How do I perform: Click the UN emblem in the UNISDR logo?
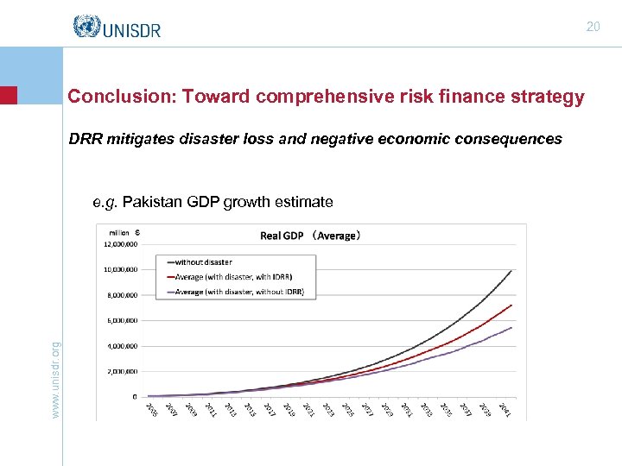pyautogui.click(x=86, y=28)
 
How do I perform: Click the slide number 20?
pyautogui.click(x=593, y=27)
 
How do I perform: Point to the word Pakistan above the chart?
pyautogui.click(x=152, y=203)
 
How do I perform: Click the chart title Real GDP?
pyautogui.click(x=282, y=236)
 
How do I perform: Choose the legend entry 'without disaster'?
pyautogui.click(x=204, y=261)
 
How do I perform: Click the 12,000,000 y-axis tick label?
pyautogui.click(x=120, y=244)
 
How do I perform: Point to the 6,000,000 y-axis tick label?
pyautogui.click(x=122, y=321)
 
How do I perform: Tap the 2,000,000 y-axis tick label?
pyautogui.click(x=122, y=372)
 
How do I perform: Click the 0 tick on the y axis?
pyautogui.click(x=134, y=397)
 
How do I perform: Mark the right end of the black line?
pyautogui.click(x=512, y=271)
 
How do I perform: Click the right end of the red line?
pyautogui.click(x=512, y=305)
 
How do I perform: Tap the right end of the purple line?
pyautogui.click(x=512, y=328)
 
